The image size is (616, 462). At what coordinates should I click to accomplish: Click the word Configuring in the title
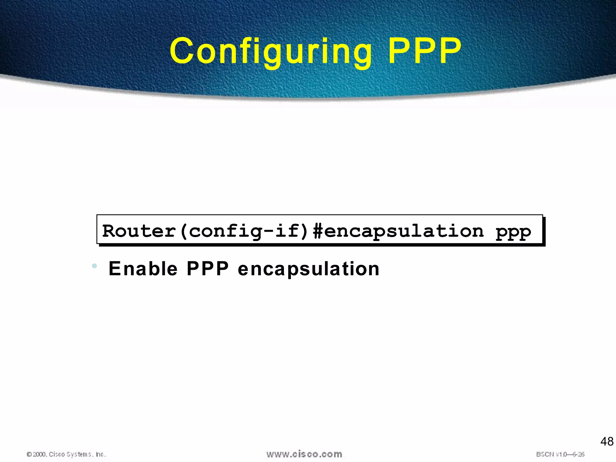click(271, 51)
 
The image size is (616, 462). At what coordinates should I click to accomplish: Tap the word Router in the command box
click(139, 231)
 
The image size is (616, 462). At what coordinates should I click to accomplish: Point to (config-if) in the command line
click(244, 231)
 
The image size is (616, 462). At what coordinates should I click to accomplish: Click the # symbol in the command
click(318, 231)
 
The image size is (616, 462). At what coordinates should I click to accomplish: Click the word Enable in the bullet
click(143, 268)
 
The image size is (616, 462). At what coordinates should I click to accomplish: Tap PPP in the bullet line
click(208, 268)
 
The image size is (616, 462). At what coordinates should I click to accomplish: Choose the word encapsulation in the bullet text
click(309, 269)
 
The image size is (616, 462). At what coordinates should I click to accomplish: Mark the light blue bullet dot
click(94, 266)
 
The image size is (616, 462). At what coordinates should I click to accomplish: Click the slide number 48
click(606, 442)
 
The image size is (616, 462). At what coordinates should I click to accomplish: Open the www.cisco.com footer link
click(304, 454)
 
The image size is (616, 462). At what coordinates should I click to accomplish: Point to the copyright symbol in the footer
click(29, 454)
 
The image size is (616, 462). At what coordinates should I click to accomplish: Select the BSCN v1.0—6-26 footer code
click(560, 454)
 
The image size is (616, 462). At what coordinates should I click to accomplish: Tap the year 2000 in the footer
click(39, 454)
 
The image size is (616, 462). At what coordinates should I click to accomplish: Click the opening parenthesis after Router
click(183, 231)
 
